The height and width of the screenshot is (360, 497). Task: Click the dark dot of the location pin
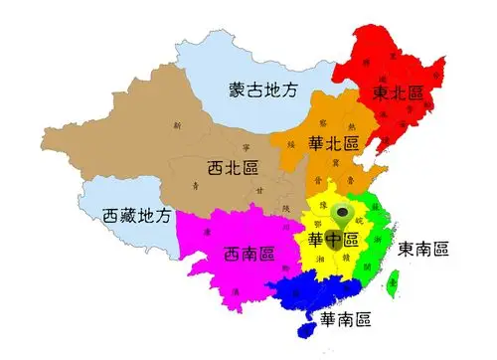344,211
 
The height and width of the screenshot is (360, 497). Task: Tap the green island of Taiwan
391,285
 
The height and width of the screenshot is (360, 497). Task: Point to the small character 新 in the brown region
177,126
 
